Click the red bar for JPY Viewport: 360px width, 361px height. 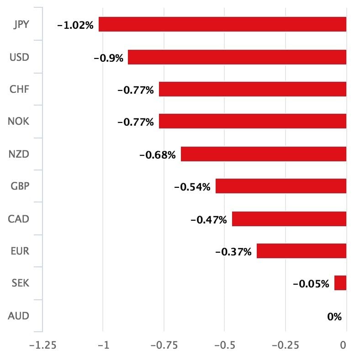coord(222,24)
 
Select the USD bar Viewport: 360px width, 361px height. coord(237,57)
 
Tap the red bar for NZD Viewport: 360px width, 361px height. coord(264,154)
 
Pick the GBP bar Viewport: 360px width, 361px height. coord(281,186)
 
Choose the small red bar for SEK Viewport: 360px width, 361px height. coord(340,283)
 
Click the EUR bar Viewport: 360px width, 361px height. coord(302,251)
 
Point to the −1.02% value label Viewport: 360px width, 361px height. coord(75,26)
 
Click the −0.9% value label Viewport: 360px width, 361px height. coord(108,58)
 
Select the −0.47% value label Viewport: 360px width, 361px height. coord(208,220)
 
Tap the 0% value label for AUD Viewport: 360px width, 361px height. coord(334,316)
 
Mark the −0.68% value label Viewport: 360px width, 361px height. coord(157,155)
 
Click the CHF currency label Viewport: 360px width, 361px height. coord(19,89)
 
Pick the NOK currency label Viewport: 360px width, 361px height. coord(19,122)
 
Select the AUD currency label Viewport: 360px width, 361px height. coord(19,316)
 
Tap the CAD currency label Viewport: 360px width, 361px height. coord(19,219)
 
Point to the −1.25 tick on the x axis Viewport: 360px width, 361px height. coord(42,345)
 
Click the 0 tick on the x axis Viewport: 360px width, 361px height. coord(343,345)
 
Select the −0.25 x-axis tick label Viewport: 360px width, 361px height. coord(285,345)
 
